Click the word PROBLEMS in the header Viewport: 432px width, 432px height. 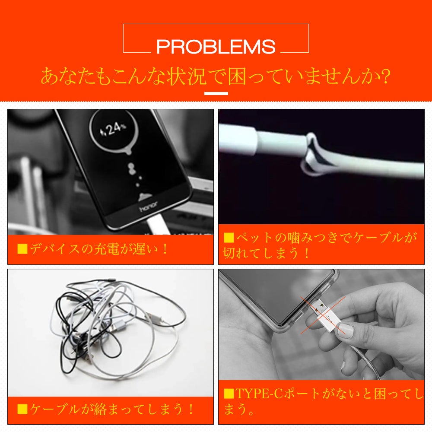pyautogui.click(x=216, y=47)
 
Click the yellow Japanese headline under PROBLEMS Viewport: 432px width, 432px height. pyautogui.click(x=216, y=76)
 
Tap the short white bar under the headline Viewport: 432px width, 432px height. pyautogui.click(x=216, y=93)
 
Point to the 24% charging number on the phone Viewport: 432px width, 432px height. pyautogui.click(x=113, y=129)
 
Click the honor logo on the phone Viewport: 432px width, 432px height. pyautogui.click(x=148, y=206)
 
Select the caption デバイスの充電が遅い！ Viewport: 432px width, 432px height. pyautogui.click(x=92, y=249)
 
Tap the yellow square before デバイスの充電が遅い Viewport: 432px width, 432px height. pyautogui.click(x=22, y=249)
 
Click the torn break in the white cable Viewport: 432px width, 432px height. pyautogui.click(x=313, y=154)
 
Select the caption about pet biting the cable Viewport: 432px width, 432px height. pyautogui.click(x=321, y=245)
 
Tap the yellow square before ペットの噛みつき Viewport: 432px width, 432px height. pyautogui.click(x=229, y=238)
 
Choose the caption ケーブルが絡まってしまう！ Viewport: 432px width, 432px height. pyautogui.click(x=106, y=409)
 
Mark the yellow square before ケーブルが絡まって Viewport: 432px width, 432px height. pyautogui.click(x=22, y=409)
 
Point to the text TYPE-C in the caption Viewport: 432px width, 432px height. pyautogui.click(x=259, y=393)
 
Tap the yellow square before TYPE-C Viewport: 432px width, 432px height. pyautogui.click(x=229, y=394)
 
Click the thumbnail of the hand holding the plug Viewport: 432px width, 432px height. pyautogui.click(x=321, y=324)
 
